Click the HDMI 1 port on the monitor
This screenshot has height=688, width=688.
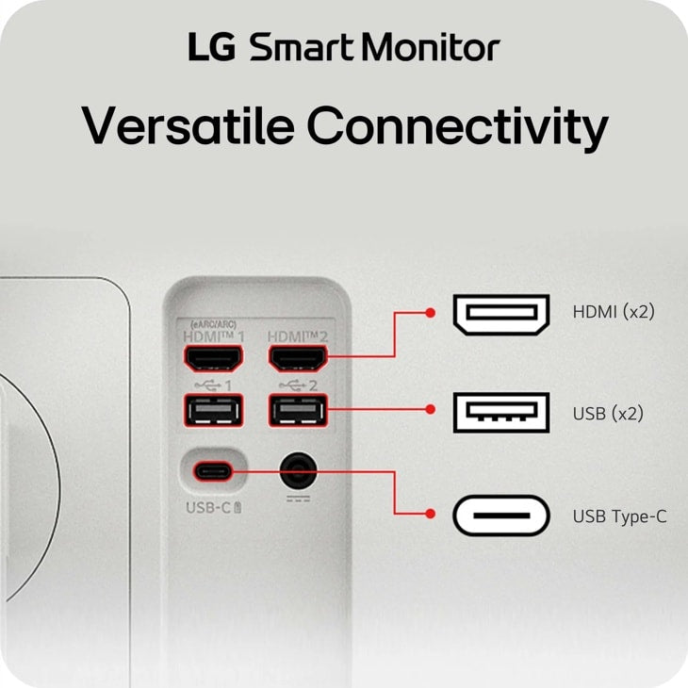click(x=213, y=358)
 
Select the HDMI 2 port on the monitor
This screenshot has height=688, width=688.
click(x=298, y=358)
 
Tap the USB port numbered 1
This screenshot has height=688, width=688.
click(x=213, y=411)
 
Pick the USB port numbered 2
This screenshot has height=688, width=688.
click(x=298, y=411)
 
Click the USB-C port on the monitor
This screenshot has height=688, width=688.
click(x=213, y=471)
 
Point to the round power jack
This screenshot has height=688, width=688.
click(x=299, y=471)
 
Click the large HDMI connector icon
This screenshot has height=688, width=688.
click(x=501, y=315)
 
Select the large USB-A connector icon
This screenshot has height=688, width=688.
click(x=501, y=413)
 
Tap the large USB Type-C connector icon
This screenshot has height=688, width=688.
click(x=501, y=516)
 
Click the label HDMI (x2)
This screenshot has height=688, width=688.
click(x=614, y=312)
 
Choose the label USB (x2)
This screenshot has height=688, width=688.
click(x=608, y=414)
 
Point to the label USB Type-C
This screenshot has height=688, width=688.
click(x=619, y=516)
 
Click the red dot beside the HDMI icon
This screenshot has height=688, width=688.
click(x=431, y=313)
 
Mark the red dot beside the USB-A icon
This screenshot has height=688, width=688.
click(x=431, y=409)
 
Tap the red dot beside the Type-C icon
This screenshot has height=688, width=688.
click(x=431, y=514)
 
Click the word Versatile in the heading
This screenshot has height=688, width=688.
click(x=188, y=125)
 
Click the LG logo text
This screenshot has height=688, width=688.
click(x=212, y=46)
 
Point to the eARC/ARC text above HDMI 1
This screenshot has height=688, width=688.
click(x=213, y=325)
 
